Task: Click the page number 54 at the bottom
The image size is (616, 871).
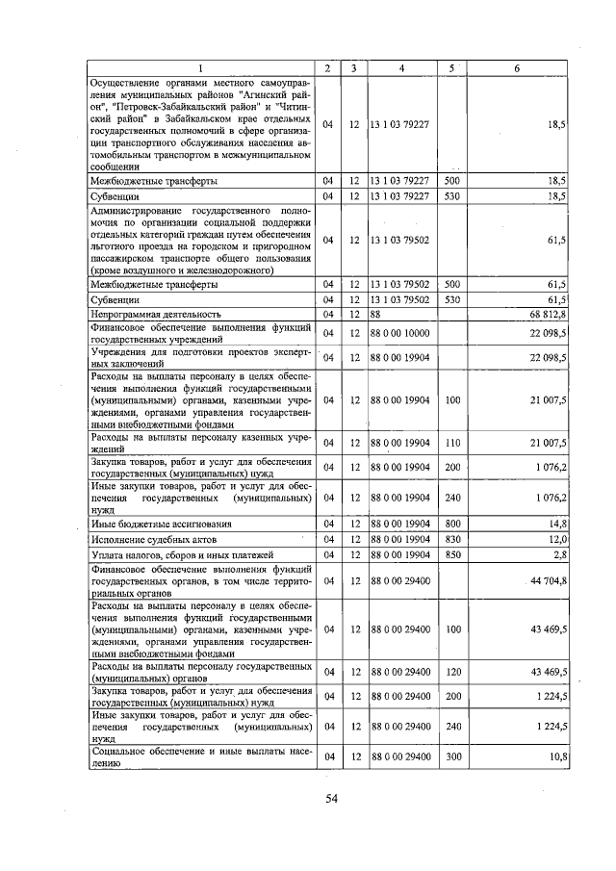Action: [x=332, y=798]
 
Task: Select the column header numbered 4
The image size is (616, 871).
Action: [x=401, y=68]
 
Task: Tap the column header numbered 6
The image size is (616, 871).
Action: [x=517, y=68]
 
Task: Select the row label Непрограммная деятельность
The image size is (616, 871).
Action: [x=156, y=314]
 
